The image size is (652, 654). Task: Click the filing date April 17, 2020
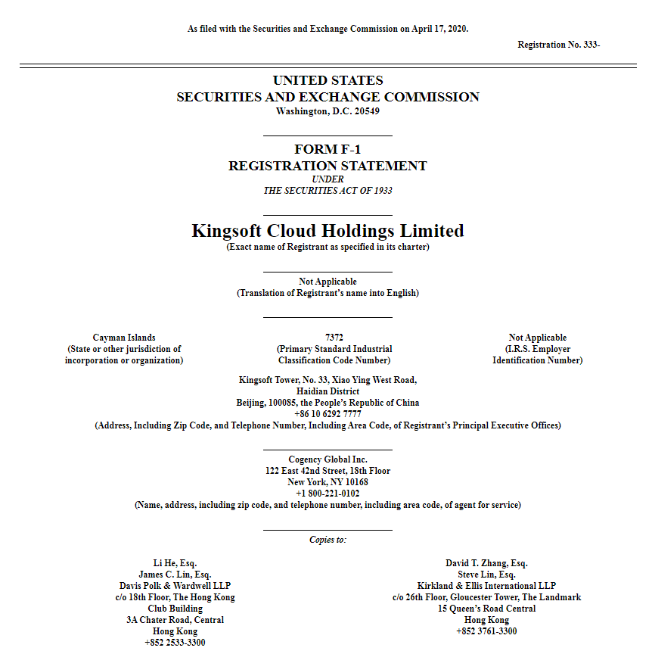click(x=439, y=29)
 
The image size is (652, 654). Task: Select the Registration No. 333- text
click(x=558, y=45)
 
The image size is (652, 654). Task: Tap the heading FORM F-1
click(x=328, y=150)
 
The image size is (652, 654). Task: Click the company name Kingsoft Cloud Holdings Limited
click(x=328, y=231)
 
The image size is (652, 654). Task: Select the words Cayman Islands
click(x=124, y=338)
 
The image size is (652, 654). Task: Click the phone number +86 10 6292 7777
click(x=328, y=414)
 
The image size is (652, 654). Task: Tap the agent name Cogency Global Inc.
click(x=328, y=459)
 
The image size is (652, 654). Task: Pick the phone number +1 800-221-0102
click(x=328, y=494)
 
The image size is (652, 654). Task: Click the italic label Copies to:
click(x=328, y=540)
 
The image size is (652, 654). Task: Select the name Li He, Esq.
click(x=176, y=563)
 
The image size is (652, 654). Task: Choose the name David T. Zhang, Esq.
click(x=486, y=563)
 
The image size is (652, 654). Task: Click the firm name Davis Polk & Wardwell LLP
click(x=176, y=586)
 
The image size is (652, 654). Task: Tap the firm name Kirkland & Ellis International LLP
click(x=486, y=586)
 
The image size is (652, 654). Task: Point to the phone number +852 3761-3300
click(x=486, y=631)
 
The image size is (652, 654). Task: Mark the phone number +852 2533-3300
click(x=176, y=643)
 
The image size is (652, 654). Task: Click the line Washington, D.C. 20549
click(x=328, y=111)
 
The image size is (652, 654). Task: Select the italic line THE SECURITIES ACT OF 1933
click(x=328, y=191)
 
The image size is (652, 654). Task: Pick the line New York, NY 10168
click(x=328, y=482)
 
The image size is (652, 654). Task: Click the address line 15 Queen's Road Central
click(x=486, y=609)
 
